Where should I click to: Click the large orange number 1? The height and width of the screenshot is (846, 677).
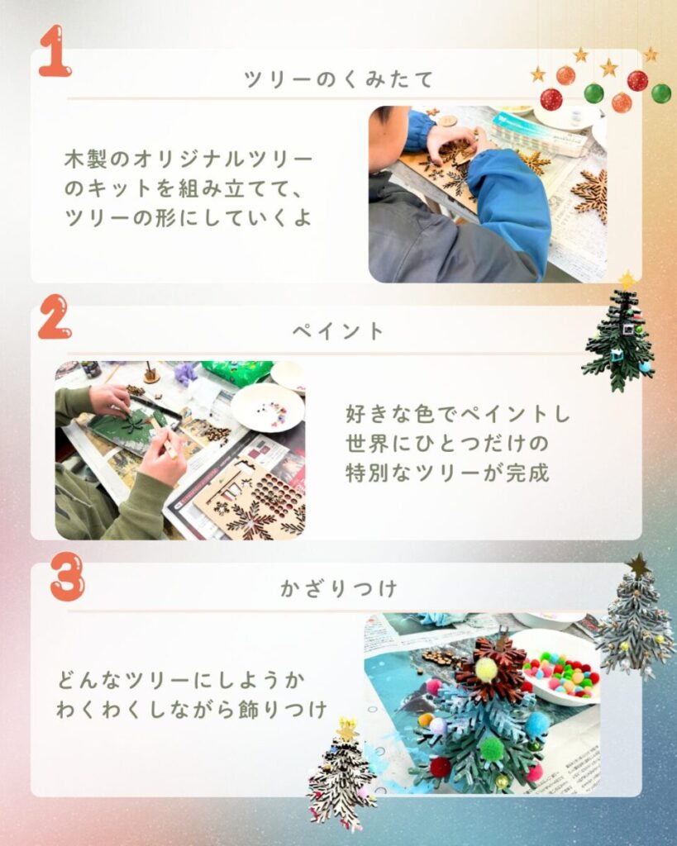55,51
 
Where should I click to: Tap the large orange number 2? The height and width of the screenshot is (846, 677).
55,316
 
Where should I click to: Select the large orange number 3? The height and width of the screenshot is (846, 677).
68,576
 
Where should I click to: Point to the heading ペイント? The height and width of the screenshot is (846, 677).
339,330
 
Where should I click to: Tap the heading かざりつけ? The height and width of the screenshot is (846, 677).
339,588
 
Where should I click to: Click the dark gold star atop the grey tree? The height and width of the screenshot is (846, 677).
639,565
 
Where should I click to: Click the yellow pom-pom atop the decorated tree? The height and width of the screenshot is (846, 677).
486,669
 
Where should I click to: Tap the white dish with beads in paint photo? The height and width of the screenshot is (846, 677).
268,408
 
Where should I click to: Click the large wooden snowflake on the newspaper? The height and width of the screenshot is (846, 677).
590,195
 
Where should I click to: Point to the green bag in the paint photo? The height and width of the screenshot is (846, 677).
237,373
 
